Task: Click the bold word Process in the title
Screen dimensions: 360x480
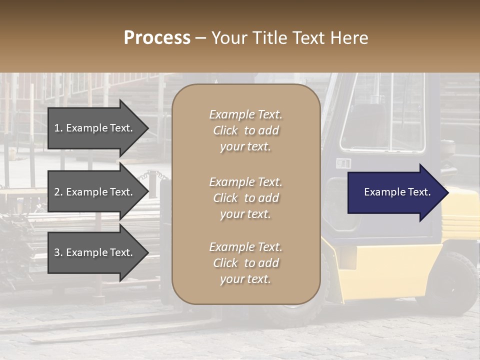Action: pos(157,38)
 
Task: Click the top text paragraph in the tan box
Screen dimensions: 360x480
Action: pos(245,130)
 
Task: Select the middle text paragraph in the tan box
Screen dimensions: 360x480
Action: pos(245,198)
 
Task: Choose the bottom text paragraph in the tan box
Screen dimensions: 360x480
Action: pos(245,263)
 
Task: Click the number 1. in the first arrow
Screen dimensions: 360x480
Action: pos(58,128)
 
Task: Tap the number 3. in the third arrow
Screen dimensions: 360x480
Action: pos(58,252)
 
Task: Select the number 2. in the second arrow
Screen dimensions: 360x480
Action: pos(58,192)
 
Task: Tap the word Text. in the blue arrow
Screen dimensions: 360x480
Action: pos(418,192)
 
